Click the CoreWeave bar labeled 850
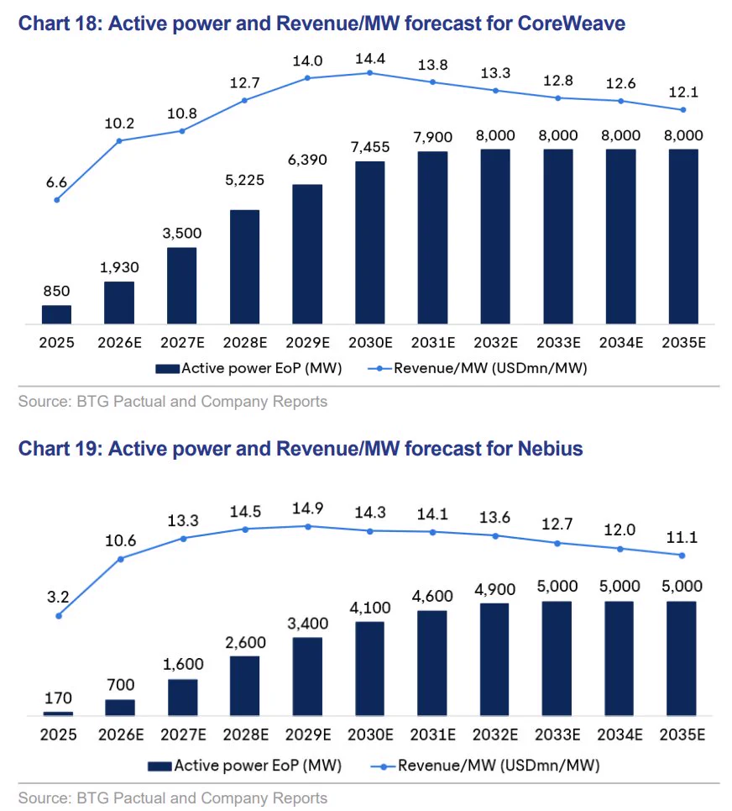point(56,314)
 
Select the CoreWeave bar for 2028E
point(245,267)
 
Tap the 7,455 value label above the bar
point(370,147)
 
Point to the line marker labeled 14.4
point(370,73)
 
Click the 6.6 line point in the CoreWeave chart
point(57,200)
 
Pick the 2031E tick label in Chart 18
point(433,342)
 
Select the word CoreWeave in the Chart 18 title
point(572,24)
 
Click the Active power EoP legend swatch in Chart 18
point(168,369)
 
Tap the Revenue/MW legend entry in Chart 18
point(478,368)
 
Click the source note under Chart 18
point(173,402)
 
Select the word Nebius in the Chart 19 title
point(550,449)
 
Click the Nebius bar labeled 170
point(59,714)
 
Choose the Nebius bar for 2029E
point(307,677)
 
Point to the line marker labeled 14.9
point(308,527)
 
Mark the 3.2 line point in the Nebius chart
point(59,615)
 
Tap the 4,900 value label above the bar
point(495,590)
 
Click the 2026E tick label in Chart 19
point(121,735)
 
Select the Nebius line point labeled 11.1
point(682,556)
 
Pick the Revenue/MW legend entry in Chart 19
point(485,766)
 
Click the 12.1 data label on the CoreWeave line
point(683,92)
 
